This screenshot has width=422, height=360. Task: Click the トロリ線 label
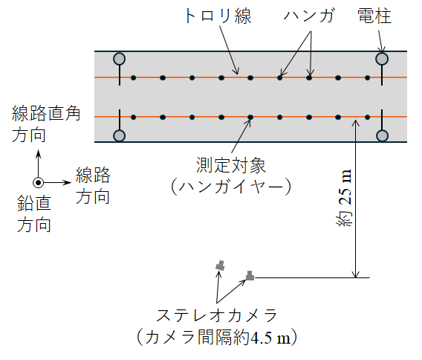click(218, 16)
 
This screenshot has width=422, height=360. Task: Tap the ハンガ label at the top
click(309, 16)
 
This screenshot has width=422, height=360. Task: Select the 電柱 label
click(374, 16)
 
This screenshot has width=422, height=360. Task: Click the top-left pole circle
click(119, 59)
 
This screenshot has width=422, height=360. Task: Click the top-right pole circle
click(382, 59)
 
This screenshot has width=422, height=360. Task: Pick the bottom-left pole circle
click(119, 136)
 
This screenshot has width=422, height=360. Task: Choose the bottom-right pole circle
click(382, 136)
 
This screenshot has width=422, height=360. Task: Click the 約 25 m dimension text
click(344, 198)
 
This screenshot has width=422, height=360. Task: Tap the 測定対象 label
click(230, 165)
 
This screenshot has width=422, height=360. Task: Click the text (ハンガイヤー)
click(231, 187)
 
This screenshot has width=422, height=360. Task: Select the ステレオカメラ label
click(217, 315)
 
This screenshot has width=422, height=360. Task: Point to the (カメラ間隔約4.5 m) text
click(217, 337)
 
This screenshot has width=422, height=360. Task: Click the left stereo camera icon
click(220, 266)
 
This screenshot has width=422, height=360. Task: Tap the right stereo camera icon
click(250, 276)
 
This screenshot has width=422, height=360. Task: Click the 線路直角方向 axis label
click(46, 124)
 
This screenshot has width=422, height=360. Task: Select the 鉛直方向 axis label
click(34, 213)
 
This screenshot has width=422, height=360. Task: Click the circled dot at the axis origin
click(38, 183)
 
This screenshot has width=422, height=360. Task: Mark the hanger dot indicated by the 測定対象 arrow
click(250, 118)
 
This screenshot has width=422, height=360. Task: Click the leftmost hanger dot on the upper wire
click(133, 78)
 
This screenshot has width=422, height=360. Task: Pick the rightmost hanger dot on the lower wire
click(367, 118)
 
